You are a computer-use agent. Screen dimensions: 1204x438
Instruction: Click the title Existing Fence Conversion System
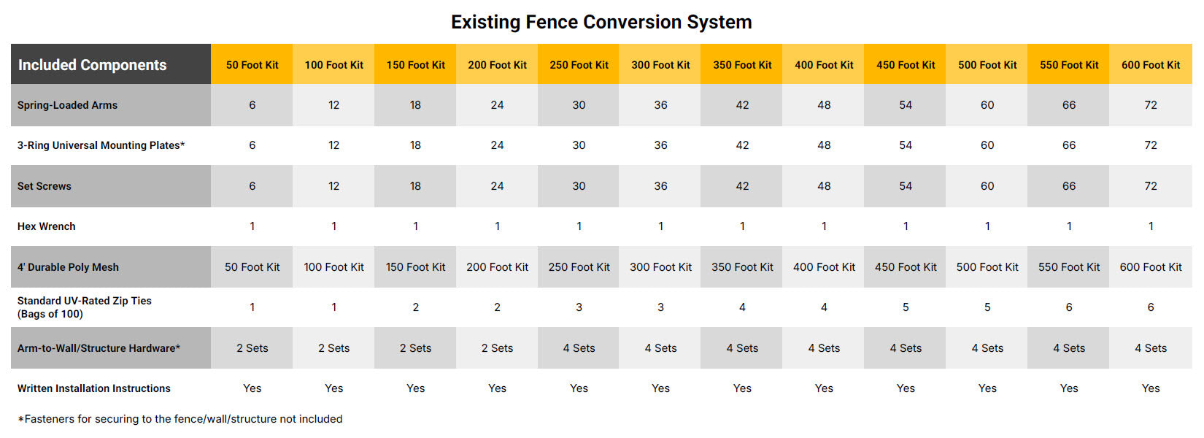coord(601,22)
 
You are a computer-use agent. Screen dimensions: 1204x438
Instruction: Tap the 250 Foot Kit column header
coord(579,65)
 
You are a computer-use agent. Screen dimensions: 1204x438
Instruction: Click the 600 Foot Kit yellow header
coord(1151,65)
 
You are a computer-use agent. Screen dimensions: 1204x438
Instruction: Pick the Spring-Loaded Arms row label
coord(67,105)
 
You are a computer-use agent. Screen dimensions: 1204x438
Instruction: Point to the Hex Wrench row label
coord(46,226)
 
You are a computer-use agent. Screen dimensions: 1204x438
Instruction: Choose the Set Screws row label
coord(44,186)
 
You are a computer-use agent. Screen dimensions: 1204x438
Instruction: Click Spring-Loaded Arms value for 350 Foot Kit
coord(742,105)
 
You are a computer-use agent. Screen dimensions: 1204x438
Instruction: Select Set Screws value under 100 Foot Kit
coord(333,186)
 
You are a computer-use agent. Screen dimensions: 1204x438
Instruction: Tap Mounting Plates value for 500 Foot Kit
coord(987,145)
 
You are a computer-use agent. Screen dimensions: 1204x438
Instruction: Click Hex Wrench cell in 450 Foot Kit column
coord(906,226)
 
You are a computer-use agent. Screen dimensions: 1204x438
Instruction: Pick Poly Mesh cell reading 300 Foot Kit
coord(660,267)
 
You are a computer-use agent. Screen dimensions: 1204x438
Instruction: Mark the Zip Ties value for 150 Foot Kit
coord(415,307)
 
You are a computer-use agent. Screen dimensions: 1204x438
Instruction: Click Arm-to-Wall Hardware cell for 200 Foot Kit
coord(497,348)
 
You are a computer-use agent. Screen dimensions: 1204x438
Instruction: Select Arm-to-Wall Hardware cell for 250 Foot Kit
coord(579,348)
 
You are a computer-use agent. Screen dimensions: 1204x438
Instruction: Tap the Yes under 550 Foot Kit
coord(1069,388)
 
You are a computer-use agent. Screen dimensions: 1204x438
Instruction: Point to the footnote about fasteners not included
coord(180,418)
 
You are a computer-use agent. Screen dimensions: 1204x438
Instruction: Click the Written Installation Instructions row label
coord(93,388)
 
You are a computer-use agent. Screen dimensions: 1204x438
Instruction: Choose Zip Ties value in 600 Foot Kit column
coord(1151,307)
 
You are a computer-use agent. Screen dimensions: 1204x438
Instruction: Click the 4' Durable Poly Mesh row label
coord(68,267)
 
